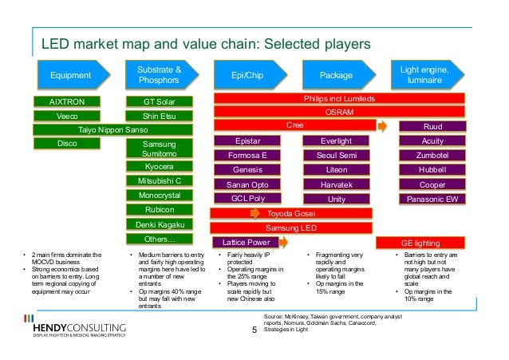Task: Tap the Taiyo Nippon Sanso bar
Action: point(112,129)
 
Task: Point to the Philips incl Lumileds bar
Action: point(339,99)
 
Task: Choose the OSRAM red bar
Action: point(339,113)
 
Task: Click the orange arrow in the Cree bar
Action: point(382,126)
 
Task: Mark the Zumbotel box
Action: point(432,155)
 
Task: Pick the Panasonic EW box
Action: point(432,199)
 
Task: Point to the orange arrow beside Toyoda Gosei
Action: point(254,214)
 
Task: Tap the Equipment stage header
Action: point(71,75)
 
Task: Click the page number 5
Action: point(254,326)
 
